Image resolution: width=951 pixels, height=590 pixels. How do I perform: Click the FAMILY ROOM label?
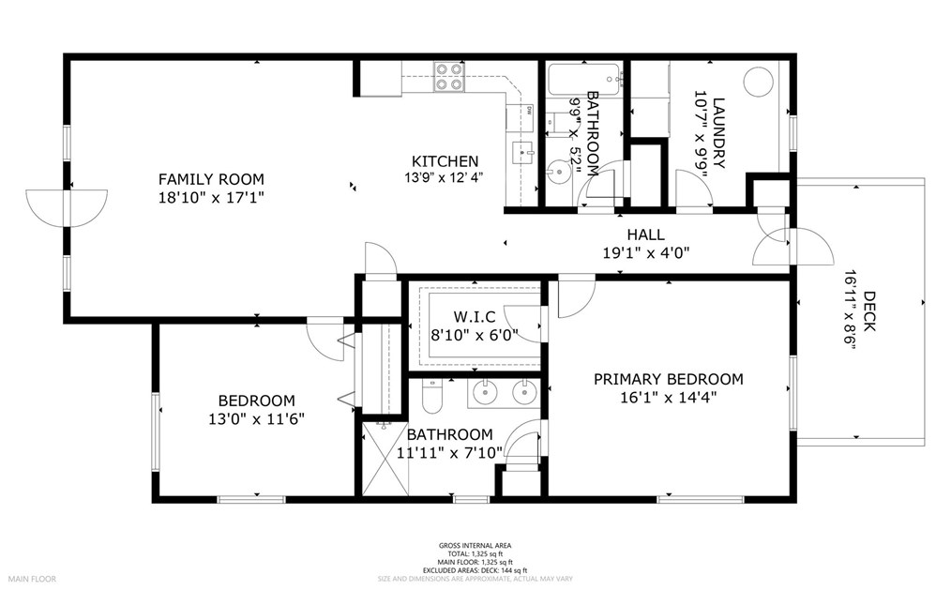tap(210, 179)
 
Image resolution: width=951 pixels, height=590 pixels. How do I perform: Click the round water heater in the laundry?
tap(758, 82)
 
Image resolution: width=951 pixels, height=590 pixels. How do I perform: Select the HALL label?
tap(645, 234)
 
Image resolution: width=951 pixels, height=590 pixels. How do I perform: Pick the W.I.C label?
tap(473, 315)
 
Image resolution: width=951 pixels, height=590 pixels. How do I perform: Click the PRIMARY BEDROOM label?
tap(668, 379)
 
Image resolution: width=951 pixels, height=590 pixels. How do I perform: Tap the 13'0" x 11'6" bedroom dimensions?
tap(256, 418)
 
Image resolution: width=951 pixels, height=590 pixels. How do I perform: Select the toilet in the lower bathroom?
tap(431, 398)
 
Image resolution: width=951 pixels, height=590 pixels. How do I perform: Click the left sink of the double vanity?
tap(486, 392)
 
